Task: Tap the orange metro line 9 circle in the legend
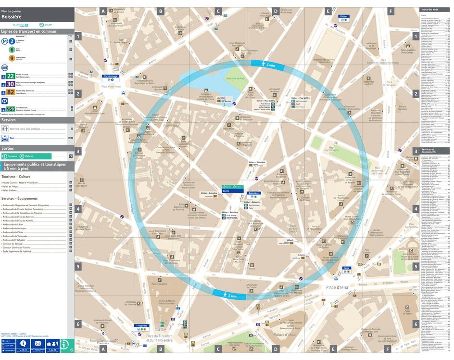(x=12, y=58)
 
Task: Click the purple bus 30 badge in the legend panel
(x=10, y=84)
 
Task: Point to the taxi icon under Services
(x=5, y=138)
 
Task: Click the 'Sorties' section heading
(x=8, y=149)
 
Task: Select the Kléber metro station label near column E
(x=343, y=17)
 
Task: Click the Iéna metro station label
(x=346, y=269)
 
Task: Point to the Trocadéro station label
(x=141, y=326)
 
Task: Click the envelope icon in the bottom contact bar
(x=38, y=343)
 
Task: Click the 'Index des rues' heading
(x=429, y=10)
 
